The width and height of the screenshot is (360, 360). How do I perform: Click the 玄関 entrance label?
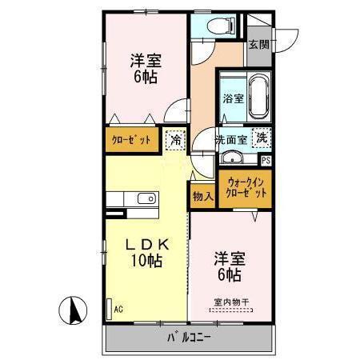point(257,45)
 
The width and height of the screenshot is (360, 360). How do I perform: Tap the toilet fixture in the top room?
point(216,26)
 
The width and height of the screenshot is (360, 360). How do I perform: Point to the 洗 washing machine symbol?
point(261,137)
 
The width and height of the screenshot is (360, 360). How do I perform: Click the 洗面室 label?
point(231,140)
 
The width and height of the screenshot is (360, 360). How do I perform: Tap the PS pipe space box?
point(266,160)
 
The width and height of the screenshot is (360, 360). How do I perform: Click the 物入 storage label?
point(202,194)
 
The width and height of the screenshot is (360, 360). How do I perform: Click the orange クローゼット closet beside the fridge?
point(130,139)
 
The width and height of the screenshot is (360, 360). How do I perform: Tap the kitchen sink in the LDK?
point(145,199)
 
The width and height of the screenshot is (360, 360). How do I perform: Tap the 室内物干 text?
point(230,302)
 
